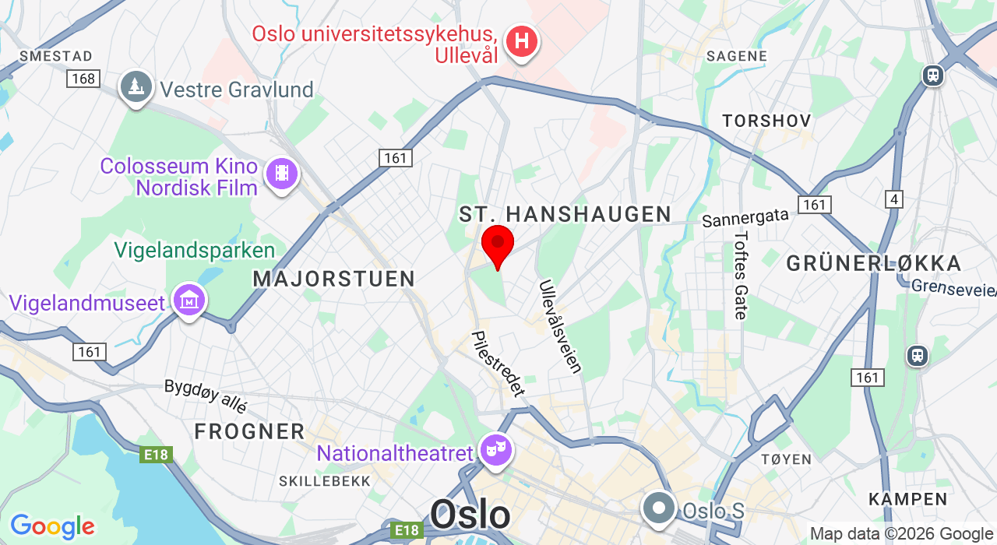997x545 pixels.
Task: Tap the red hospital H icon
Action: (521, 40)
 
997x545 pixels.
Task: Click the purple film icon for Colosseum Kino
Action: (281, 174)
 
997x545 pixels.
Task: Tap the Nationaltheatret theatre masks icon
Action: (496, 450)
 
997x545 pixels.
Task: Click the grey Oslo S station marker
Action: (659, 508)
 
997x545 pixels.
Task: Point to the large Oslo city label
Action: (470, 515)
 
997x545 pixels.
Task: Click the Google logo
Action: (52, 526)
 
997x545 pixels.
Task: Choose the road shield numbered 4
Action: (894, 199)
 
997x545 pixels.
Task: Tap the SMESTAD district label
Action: (56, 56)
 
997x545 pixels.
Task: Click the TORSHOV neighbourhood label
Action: (766, 121)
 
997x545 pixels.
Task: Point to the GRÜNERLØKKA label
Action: (874, 263)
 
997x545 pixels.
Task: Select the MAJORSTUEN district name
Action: (334, 279)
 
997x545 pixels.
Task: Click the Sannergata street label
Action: (745, 218)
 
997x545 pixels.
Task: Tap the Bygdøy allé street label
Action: (206, 396)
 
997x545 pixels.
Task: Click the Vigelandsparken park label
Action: (195, 251)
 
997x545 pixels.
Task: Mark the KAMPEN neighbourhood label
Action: (908, 499)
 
